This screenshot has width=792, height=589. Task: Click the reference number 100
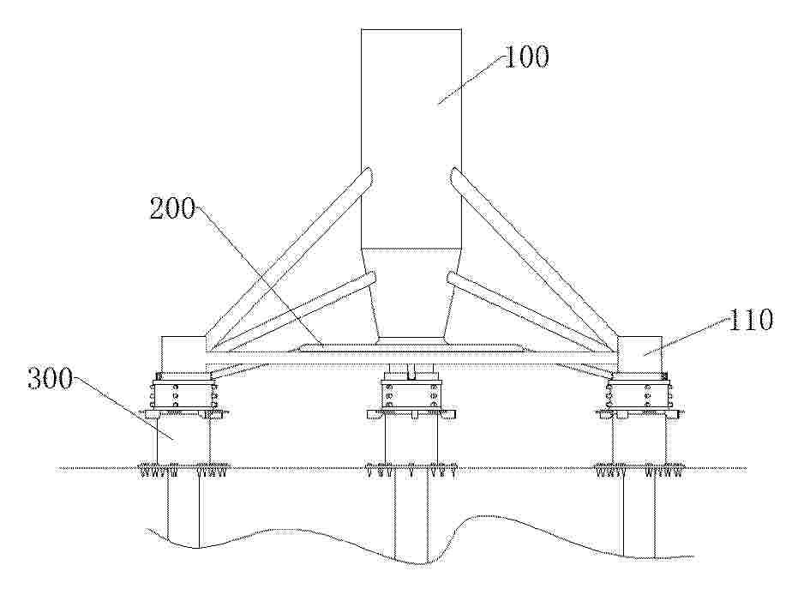click(526, 57)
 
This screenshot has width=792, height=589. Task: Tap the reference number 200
click(172, 208)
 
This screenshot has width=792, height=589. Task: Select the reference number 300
click(51, 379)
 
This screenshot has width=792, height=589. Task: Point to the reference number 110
click(750, 320)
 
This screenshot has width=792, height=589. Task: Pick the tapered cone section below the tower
click(411, 293)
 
